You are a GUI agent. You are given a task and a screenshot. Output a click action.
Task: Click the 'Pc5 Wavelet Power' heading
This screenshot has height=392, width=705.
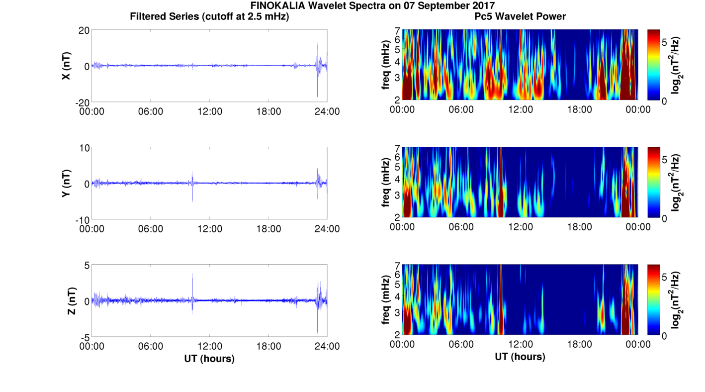click(x=520, y=16)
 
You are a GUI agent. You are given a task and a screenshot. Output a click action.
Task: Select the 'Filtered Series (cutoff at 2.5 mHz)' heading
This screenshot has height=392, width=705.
click(x=209, y=16)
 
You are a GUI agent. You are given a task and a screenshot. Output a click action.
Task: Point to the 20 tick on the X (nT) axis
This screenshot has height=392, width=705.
click(x=84, y=30)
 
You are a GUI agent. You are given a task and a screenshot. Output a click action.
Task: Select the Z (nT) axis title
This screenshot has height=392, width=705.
click(x=73, y=300)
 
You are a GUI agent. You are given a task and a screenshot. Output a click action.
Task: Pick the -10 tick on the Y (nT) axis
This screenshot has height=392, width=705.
click(x=81, y=219)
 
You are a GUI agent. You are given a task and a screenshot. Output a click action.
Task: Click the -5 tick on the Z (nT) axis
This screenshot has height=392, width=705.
click(x=85, y=337)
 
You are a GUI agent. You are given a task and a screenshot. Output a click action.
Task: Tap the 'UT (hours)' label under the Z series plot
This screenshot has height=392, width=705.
click(x=209, y=358)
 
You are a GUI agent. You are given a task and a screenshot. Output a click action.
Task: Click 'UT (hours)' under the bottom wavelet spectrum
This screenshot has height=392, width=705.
click(x=520, y=357)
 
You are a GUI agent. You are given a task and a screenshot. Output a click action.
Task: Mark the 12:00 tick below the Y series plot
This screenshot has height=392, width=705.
click(x=210, y=229)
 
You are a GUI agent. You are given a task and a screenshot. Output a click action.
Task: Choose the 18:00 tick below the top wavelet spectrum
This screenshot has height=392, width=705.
click(x=579, y=109)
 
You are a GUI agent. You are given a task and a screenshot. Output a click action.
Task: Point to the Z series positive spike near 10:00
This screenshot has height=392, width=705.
click(x=192, y=275)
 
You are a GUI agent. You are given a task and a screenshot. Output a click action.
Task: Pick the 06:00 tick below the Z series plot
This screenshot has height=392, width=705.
click(x=151, y=346)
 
